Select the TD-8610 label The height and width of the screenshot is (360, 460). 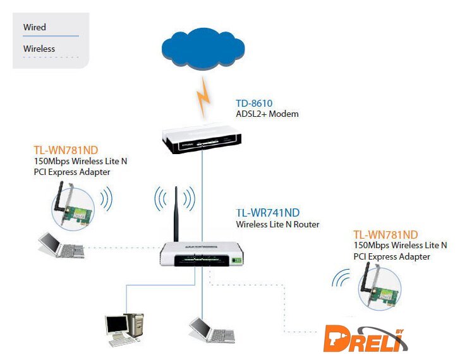click(x=254, y=103)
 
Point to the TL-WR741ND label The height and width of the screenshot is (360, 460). click(x=267, y=213)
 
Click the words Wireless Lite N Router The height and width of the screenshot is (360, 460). click(x=277, y=224)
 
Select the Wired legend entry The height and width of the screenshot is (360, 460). click(x=35, y=27)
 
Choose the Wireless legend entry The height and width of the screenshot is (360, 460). click(x=39, y=49)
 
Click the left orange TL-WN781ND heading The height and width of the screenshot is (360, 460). click(x=66, y=150)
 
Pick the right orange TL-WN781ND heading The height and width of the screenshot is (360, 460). click(x=385, y=234)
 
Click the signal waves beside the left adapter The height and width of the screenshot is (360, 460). click(x=106, y=198)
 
